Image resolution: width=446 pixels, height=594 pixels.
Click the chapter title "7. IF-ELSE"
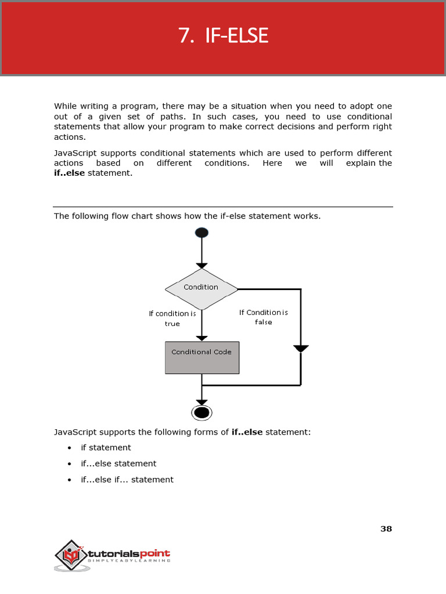[223, 36]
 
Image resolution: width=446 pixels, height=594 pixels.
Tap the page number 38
[386, 528]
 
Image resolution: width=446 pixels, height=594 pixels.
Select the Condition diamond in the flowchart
[202, 288]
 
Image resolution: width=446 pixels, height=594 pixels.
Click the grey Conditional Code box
[202, 357]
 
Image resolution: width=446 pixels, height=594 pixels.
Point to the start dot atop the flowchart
[202, 233]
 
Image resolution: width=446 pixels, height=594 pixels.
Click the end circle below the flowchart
[202, 412]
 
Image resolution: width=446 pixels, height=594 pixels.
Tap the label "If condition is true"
[172, 318]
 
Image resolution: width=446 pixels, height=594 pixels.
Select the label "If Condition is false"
[264, 317]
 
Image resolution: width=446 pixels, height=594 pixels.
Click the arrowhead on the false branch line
[301, 349]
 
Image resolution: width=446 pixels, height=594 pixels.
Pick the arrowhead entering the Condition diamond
[202, 265]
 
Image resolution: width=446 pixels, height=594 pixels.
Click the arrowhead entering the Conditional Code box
[202, 338]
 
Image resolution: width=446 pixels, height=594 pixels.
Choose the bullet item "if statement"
[106, 448]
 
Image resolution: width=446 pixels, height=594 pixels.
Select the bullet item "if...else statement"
[118, 463]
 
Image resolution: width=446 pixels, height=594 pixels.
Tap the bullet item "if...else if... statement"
[127, 480]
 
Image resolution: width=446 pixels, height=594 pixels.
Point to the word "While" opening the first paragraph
[65, 106]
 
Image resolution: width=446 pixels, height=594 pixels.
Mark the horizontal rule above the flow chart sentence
[223, 207]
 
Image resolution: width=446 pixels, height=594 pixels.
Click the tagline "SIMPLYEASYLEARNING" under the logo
[129, 561]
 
